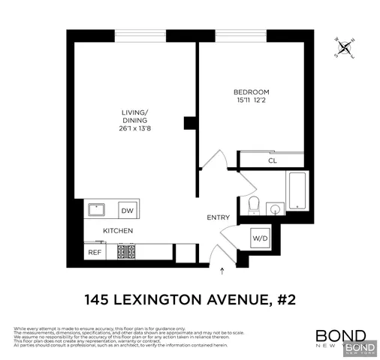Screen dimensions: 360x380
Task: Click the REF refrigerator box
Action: (95, 252)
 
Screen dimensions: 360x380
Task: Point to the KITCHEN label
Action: (118, 231)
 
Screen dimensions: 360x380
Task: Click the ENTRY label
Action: (218, 217)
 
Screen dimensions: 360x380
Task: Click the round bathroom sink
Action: (275, 209)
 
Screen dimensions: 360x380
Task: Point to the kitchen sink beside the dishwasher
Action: (97, 210)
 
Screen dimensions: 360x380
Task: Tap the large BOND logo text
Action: (340, 336)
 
